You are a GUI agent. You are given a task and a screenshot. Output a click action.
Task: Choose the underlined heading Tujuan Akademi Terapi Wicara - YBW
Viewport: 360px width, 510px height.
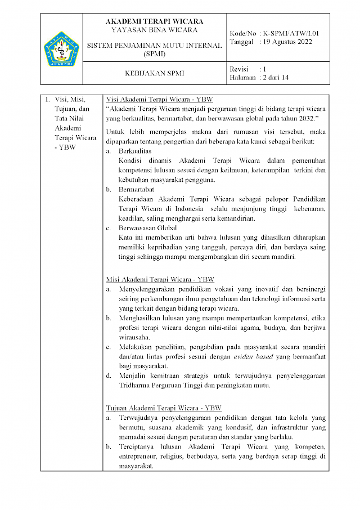[164, 408]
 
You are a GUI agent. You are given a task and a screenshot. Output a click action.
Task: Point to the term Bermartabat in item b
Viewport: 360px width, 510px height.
[137, 190]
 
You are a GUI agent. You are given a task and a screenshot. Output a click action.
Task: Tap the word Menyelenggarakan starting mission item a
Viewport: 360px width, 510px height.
[150, 289]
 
